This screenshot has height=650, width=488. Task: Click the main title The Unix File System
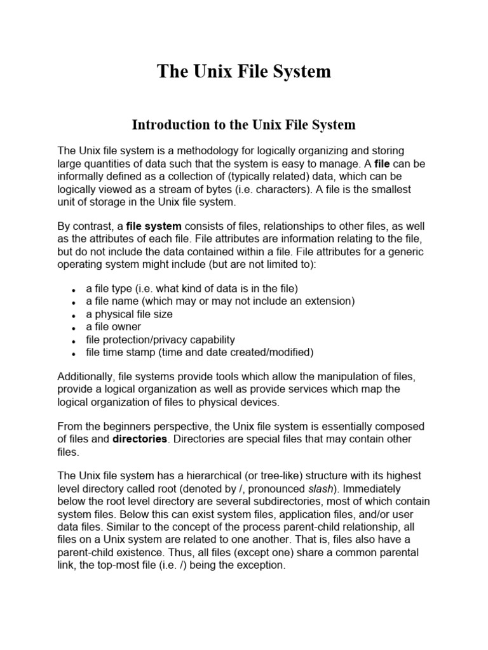click(x=244, y=71)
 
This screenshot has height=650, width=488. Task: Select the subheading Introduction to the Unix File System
click(x=244, y=124)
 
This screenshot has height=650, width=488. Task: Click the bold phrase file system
click(x=154, y=225)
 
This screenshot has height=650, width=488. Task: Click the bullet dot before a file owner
click(x=74, y=328)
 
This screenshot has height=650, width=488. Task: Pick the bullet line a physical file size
click(x=129, y=314)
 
